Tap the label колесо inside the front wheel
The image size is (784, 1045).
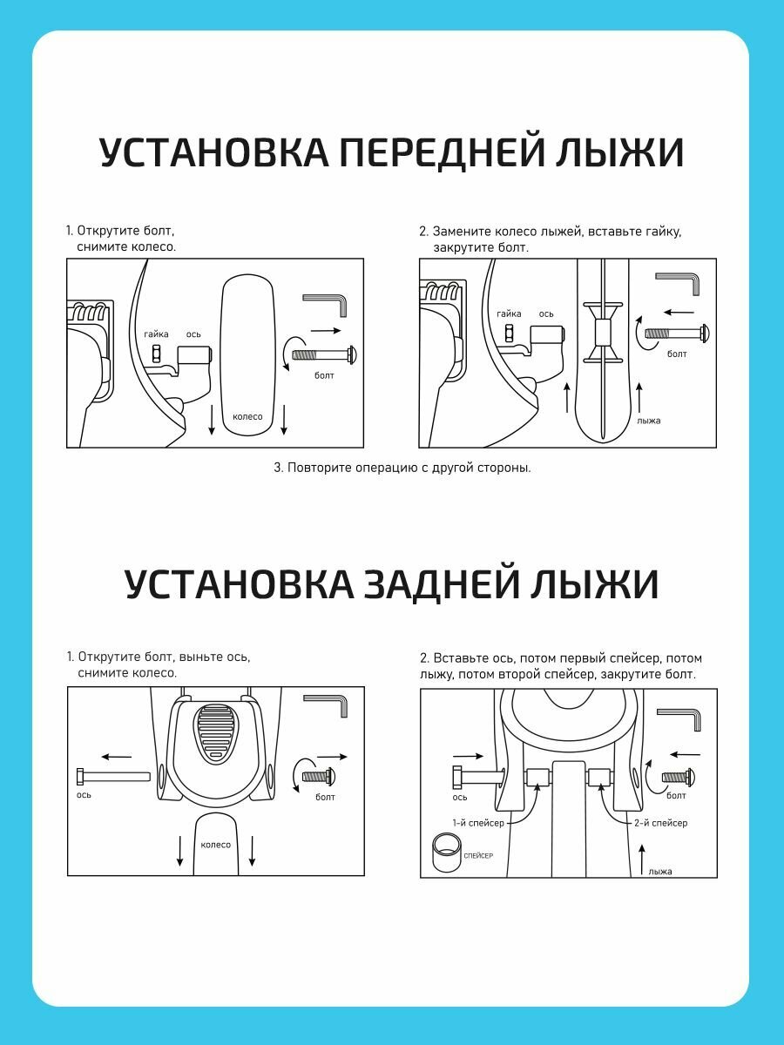tap(247, 416)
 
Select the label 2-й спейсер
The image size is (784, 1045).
tap(660, 822)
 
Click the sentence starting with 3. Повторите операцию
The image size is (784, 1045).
tap(402, 468)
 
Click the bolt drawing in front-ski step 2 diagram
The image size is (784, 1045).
tap(674, 333)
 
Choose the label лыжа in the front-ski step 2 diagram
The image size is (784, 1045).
tap(648, 421)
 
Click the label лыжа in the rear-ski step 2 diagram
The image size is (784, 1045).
tap(660, 871)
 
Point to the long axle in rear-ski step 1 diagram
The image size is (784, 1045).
tap(113, 776)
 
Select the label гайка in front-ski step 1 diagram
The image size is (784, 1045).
tap(156, 334)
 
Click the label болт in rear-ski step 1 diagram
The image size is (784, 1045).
tap(325, 797)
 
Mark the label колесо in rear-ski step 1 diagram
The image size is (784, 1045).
tap(215, 845)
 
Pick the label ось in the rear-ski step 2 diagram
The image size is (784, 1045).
tap(460, 797)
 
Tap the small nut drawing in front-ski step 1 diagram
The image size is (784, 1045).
tap(158, 354)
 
